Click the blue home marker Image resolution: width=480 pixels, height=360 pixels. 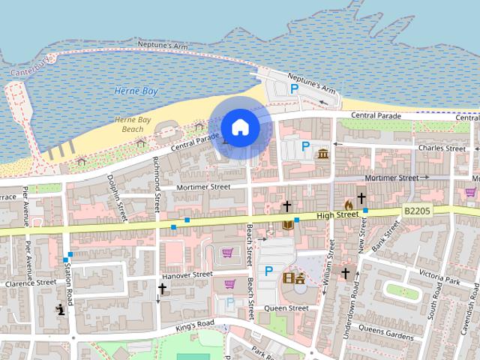tap(239, 126)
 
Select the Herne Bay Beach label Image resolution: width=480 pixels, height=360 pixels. tap(133, 124)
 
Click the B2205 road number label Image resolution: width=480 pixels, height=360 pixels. tap(416, 213)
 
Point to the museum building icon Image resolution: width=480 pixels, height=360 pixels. tap(323, 154)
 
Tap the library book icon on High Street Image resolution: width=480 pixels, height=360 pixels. tap(287, 224)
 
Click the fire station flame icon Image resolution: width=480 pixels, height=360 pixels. tap(348, 203)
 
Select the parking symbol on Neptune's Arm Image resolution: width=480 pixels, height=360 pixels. tap(295, 88)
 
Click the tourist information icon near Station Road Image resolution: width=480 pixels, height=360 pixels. tap(61, 309)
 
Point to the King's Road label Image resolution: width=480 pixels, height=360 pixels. tap(196, 324)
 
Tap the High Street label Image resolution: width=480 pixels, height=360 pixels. tap(337, 215)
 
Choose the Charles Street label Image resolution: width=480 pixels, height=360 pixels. tap(442, 148)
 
